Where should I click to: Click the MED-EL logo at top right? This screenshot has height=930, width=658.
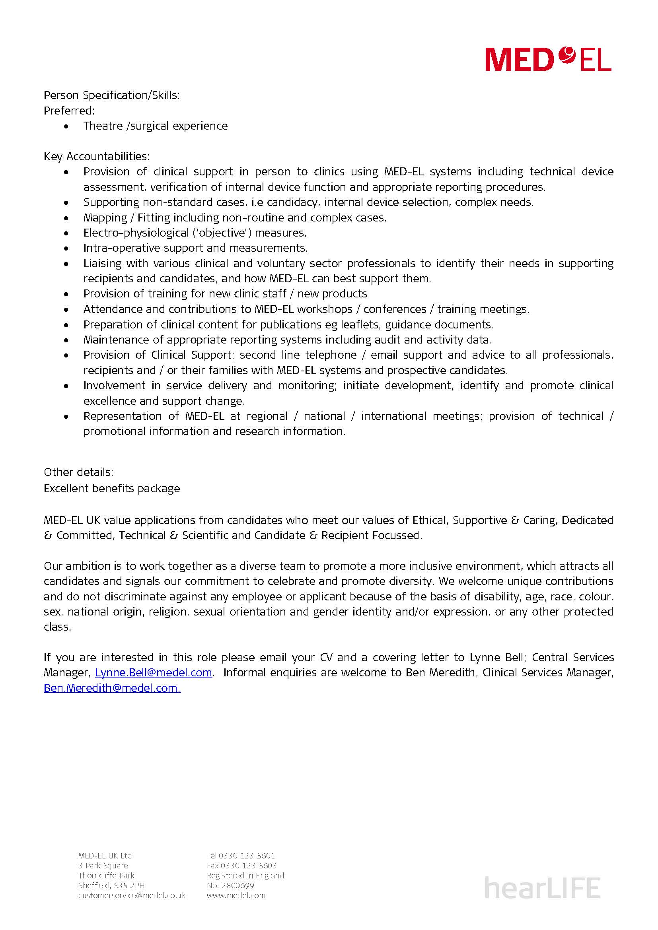548,60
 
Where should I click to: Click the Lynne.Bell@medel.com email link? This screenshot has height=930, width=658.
154,673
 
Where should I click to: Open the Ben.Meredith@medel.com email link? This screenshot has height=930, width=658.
112,688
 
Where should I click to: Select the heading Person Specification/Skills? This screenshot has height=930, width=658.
112,95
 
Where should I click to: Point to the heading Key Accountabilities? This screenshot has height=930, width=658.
97,156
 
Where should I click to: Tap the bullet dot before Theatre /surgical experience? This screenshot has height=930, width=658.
66,126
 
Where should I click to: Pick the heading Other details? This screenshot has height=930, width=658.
79,472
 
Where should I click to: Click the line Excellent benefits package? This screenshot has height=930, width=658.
112,489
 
